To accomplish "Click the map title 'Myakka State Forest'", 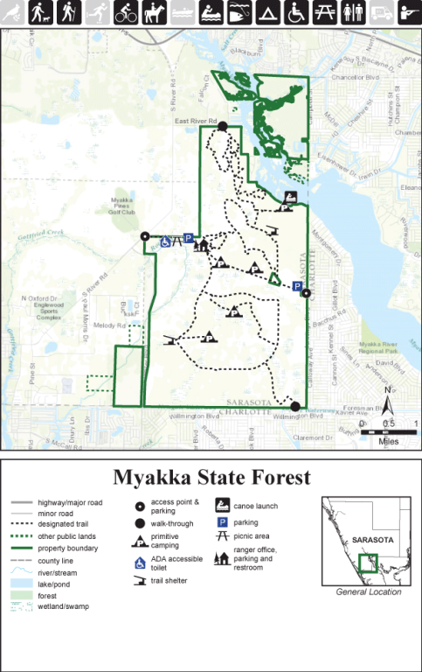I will [x=211, y=478].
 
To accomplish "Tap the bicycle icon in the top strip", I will [x=128, y=11].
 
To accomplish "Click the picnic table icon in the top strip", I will [x=325, y=11].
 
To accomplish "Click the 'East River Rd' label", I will [x=194, y=122].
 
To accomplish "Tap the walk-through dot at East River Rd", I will [x=222, y=127].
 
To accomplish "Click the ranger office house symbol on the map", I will [x=203, y=246].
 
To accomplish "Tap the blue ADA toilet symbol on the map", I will [x=165, y=236].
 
